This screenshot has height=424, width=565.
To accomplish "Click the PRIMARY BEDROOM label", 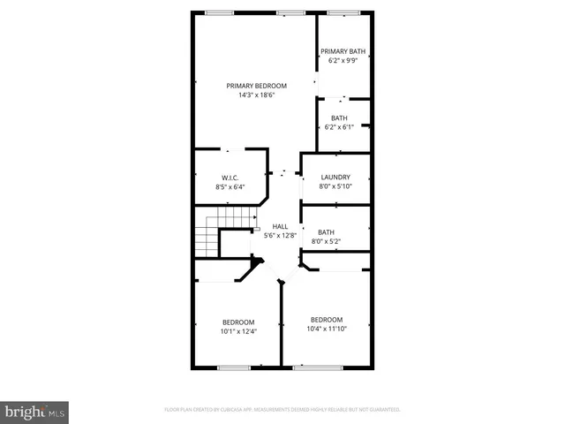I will pos(256,86).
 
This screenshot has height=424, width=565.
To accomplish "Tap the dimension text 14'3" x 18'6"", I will pos(256,95).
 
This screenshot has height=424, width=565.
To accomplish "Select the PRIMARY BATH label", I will pos(342,51).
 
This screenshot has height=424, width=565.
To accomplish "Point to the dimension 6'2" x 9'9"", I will pos(342,61).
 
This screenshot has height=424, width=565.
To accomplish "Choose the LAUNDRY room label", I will pos(335,177).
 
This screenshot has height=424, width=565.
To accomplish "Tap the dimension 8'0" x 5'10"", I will pos(335,186).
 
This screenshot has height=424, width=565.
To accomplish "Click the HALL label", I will pos(280,226).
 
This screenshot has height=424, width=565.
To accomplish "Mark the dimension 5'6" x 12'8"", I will pos(280,236).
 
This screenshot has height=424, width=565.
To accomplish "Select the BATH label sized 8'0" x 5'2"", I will pos(327,231).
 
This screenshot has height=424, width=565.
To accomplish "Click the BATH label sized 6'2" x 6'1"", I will pos(339,117).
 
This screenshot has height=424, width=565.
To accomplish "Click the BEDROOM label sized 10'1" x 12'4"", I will pos(238,322).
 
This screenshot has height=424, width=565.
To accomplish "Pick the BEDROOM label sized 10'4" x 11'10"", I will pos(327,319).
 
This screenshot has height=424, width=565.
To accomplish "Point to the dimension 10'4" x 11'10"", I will pos(327,329).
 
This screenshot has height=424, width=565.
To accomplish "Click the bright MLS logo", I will pos(35,412).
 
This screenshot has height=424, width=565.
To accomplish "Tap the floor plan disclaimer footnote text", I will pos(282,410).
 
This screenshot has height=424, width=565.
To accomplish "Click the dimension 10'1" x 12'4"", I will pos(238,332).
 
